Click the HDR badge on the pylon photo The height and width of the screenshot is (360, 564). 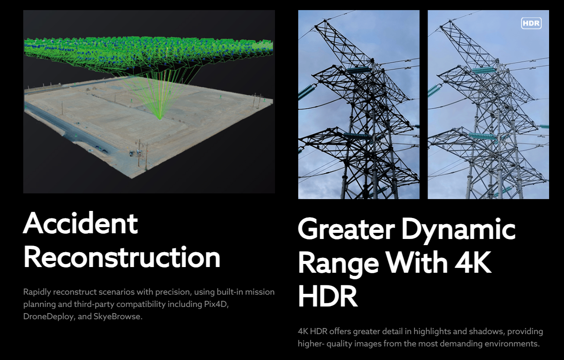[531, 23]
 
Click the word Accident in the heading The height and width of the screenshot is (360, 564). [81, 223]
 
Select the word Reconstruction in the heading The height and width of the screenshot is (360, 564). [122, 257]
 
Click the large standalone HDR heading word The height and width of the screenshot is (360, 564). [328, 296]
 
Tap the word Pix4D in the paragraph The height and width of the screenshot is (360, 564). [216, 304]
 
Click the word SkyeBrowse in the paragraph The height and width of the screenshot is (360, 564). [118, 316]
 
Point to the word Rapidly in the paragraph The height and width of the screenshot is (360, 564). [37, 292]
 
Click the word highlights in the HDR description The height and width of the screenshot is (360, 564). [432, 331]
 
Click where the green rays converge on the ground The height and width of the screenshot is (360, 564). [160, 119]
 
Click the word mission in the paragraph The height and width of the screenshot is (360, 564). [260, 292]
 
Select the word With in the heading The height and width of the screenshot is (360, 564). [417, 262]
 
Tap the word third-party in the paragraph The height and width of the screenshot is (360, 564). [95, 304]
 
